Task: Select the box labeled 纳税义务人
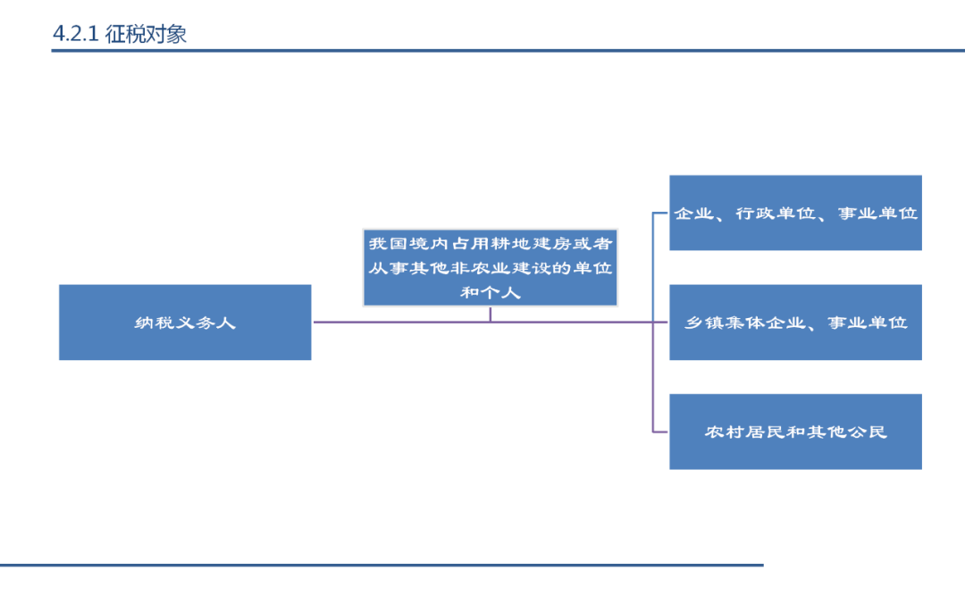tap(185, 323)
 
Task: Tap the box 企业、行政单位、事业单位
tap(795, 214)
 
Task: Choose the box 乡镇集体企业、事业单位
tap(795, 323)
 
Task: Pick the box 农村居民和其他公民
tap(795, 432)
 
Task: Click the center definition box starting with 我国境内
tap(490, 267)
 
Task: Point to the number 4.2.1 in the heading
tap(75, 34)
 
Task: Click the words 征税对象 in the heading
tap(146, 34)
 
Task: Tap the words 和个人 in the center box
tap(490, 291)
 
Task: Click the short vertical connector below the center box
tap(490, 314)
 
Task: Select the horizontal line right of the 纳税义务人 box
tap(402, 322)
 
